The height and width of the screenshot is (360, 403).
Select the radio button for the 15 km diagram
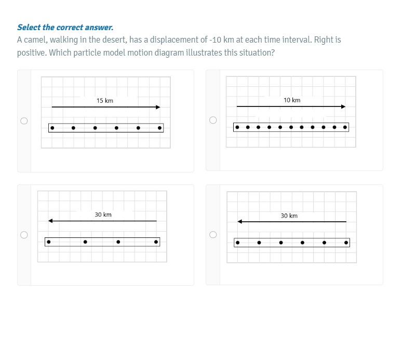click(x=24, y=121)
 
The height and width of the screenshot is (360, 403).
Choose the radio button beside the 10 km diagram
click(x=213, y=120)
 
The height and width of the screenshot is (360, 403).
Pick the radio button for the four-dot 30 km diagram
click(x=24, y=235)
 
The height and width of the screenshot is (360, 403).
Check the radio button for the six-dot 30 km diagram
click(x=213, y=234)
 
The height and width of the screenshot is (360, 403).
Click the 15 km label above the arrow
click(x=105, y=101)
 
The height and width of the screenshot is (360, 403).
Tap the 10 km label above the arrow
click(x=292, y=100)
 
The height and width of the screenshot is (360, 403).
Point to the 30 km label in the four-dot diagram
click(x=103, y=215)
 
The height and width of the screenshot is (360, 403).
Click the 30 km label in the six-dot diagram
click(x=289, y=216)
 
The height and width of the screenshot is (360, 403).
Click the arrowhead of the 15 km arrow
click(x=158, y=107)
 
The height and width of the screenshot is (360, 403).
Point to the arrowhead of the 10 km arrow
click(x=343, y=106)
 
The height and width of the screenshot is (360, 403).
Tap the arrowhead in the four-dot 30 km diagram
click(x=50, y=221)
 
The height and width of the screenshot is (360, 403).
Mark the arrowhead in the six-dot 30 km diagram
click(x=239, y=221)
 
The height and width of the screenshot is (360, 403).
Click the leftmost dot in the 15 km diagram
click(x=52, y=128)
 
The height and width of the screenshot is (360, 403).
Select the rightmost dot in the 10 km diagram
click(x=345, y=127)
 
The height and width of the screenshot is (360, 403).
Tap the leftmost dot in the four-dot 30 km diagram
click(x=49, y=242)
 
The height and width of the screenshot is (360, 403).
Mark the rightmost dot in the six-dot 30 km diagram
click(x=346, y=243)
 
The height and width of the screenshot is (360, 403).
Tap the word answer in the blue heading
click(x=99, y=27)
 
